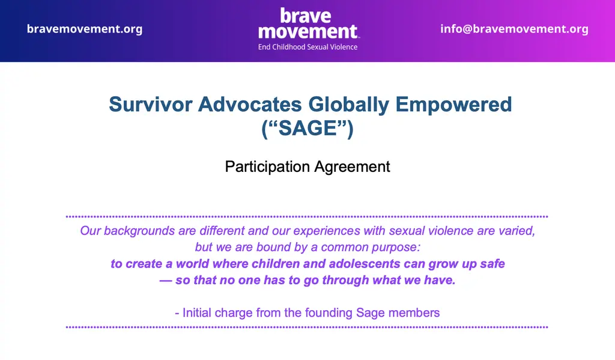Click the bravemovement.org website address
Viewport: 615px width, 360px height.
(85, 29)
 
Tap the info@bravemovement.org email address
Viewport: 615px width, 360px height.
(514, 29)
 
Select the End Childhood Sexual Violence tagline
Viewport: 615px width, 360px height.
(307, 47)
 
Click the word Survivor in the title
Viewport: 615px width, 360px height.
(150, 105)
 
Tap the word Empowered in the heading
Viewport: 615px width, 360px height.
(453, 105)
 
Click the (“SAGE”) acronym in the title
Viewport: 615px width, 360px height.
(307, 129)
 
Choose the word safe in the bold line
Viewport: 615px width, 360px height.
(492, 264)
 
